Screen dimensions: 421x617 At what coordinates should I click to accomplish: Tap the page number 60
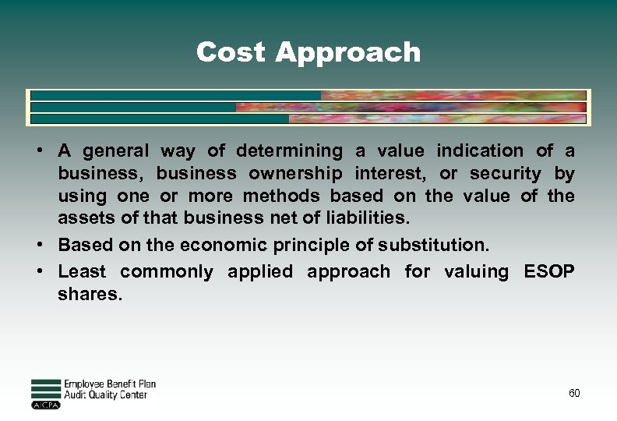tap(574, 393)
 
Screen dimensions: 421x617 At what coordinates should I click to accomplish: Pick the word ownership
tap(295, 173)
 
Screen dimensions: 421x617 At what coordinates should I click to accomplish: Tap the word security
tap(505, 173)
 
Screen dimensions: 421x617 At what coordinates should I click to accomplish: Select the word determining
tap(289, 150)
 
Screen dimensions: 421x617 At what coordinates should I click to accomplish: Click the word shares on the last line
tap(90, 295)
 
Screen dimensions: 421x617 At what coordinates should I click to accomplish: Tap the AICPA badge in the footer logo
tap(45, 405)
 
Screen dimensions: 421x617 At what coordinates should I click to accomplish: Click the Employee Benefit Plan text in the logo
tap(110, 384)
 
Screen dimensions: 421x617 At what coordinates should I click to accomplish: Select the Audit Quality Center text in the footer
tap(105, 395)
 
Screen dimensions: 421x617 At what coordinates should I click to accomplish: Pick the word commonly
tap(167, 272)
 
